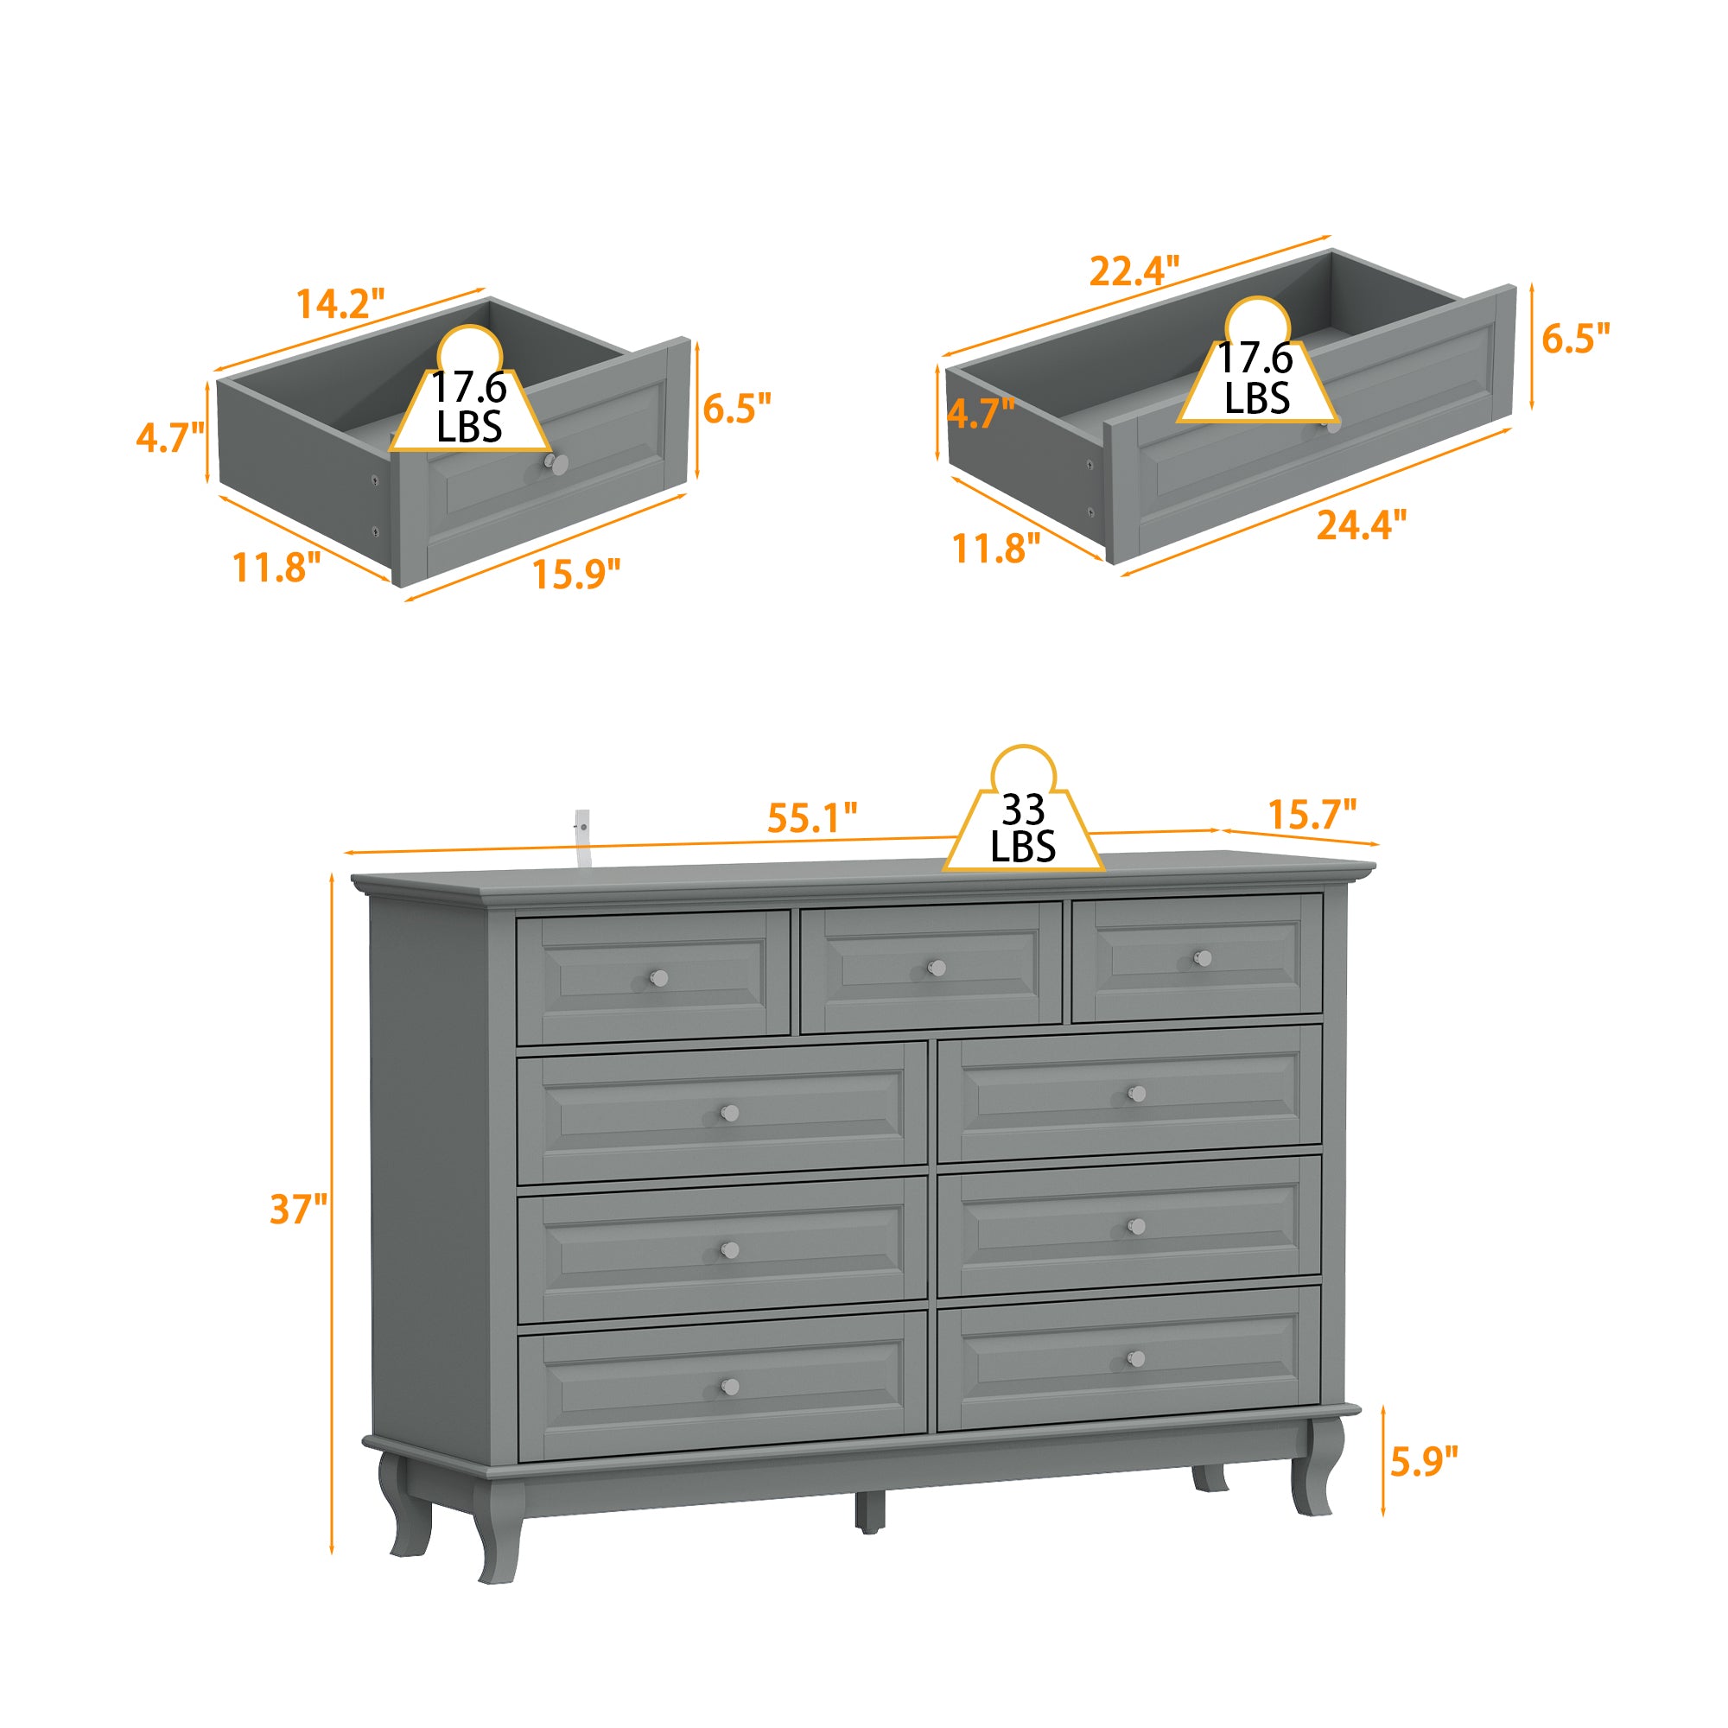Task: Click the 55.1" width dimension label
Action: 812,817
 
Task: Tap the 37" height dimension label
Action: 299,1210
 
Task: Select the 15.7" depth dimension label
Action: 1312,814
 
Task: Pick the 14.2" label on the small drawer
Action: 340,304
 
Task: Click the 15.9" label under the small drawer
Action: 576,574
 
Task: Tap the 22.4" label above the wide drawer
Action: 1134,271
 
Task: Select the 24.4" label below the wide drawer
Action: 1362,525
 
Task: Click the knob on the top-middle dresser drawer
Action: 937,968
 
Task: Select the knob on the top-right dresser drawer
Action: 1203,958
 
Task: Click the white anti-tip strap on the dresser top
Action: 582,837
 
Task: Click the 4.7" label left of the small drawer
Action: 170,437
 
